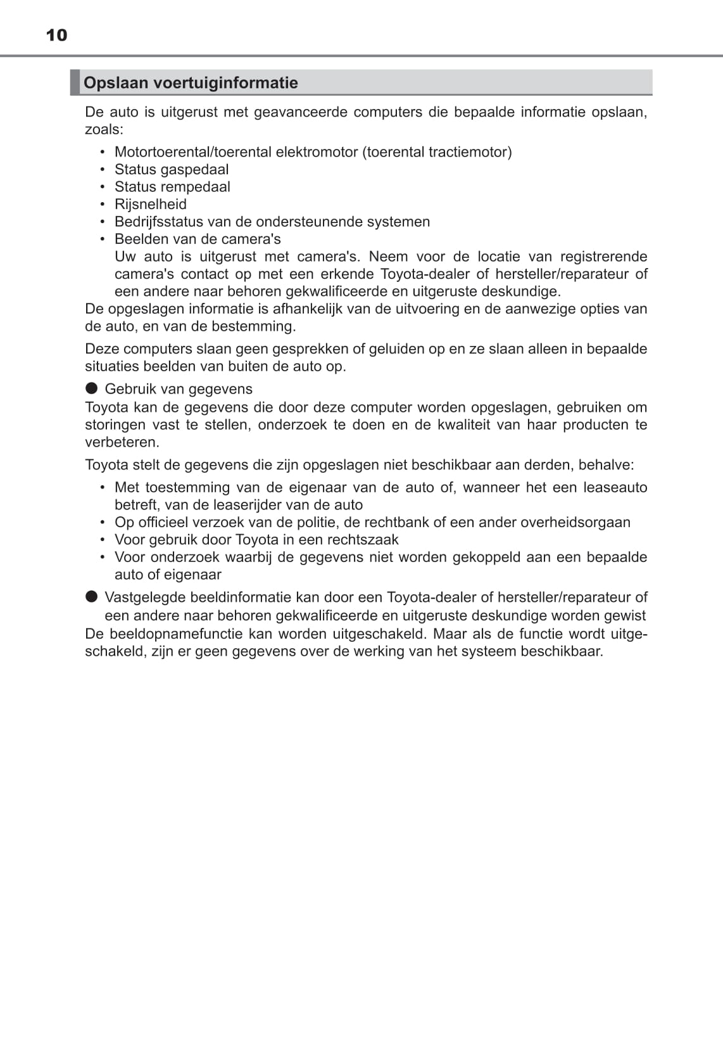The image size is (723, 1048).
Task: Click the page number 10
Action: [56, 35]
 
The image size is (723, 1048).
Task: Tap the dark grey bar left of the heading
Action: [75, 82]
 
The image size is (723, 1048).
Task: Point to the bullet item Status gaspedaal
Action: [172, 169]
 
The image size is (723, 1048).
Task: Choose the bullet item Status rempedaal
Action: [172, 187]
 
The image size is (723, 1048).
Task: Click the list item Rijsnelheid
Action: [151, 204]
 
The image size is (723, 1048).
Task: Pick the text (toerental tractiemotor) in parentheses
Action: [437, 152]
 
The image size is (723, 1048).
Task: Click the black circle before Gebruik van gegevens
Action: [92, 388]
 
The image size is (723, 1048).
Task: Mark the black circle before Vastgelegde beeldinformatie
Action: [92, 596]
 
